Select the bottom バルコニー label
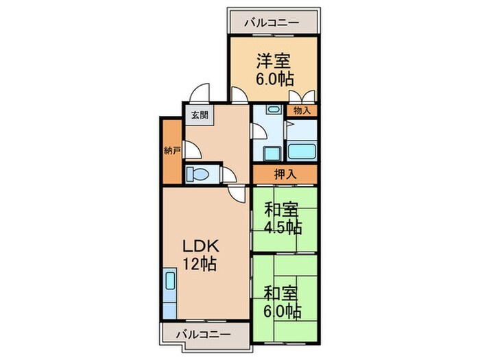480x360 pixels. point(196,334)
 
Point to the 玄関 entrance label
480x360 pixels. point(199,115)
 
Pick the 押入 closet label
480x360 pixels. point(285,175)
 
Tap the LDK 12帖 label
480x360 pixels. point(199,254)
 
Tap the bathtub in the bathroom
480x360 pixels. point(301,151)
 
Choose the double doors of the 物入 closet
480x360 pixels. point(302,97)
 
